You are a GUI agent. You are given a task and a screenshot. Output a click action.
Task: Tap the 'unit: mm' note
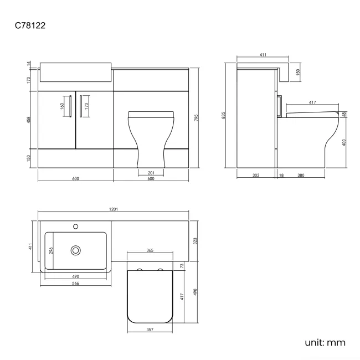click(325, 342)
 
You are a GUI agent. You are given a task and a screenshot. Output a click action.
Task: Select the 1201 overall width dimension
click(114, 209)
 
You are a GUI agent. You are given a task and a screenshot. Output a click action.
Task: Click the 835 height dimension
click(224, 115)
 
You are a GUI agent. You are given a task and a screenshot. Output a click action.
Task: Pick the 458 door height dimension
click(29, 120)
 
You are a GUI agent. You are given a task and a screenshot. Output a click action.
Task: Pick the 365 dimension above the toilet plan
click(150, 251)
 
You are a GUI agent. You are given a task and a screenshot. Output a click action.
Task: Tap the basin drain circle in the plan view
click(75, 250)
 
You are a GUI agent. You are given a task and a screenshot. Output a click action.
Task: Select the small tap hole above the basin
click(75, 226)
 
